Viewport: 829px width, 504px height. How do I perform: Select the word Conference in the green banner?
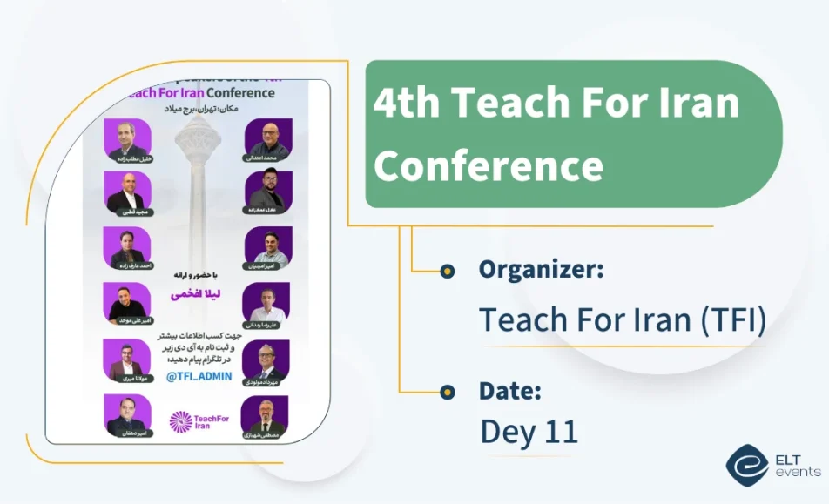[x=489, y=165]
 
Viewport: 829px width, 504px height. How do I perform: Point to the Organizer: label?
[x=541, y=270]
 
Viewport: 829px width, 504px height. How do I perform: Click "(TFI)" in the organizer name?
[x=732, y=320]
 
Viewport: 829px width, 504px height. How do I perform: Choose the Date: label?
[x=510, y=392]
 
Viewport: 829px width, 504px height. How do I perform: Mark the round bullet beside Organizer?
[x=447, y=271]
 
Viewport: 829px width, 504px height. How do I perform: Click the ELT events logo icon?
[x=747, y=464]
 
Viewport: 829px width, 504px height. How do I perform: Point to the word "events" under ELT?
[x=797, y=472]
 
